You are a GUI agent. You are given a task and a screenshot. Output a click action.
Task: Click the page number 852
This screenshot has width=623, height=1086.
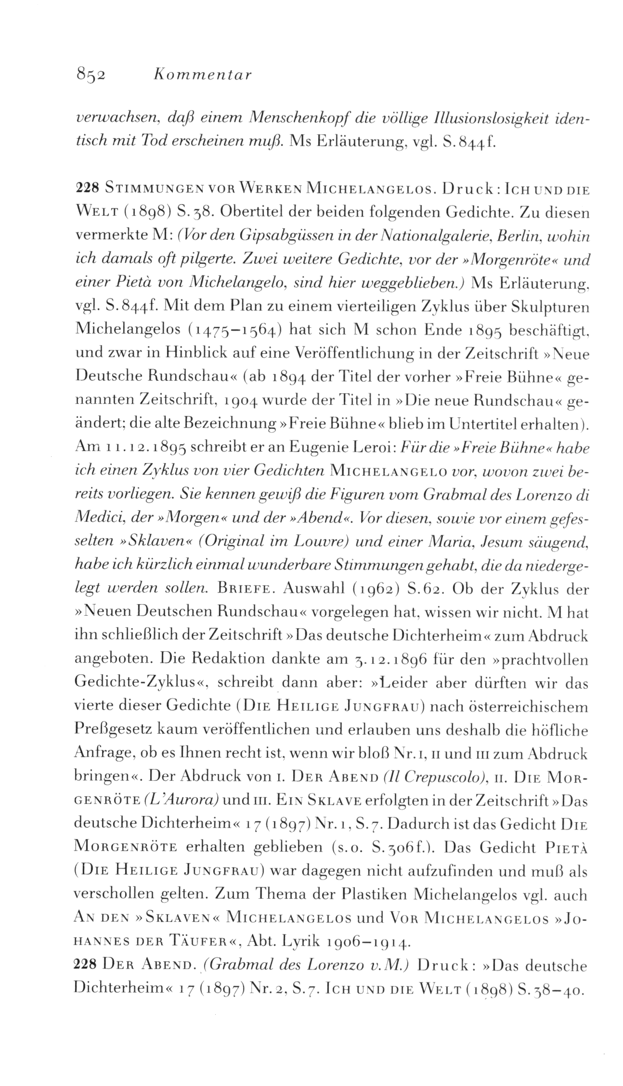pyautogui.click(x=91, y=76)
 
